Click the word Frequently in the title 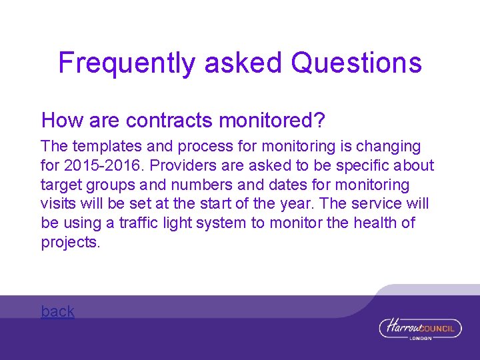(x=127, y=63)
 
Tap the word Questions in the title (x=357, y=63)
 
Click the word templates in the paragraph (x=103, y=146)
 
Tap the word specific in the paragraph (x=367, y=165)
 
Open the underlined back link (x=58, y=311)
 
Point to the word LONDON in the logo (x=421, y=338)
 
